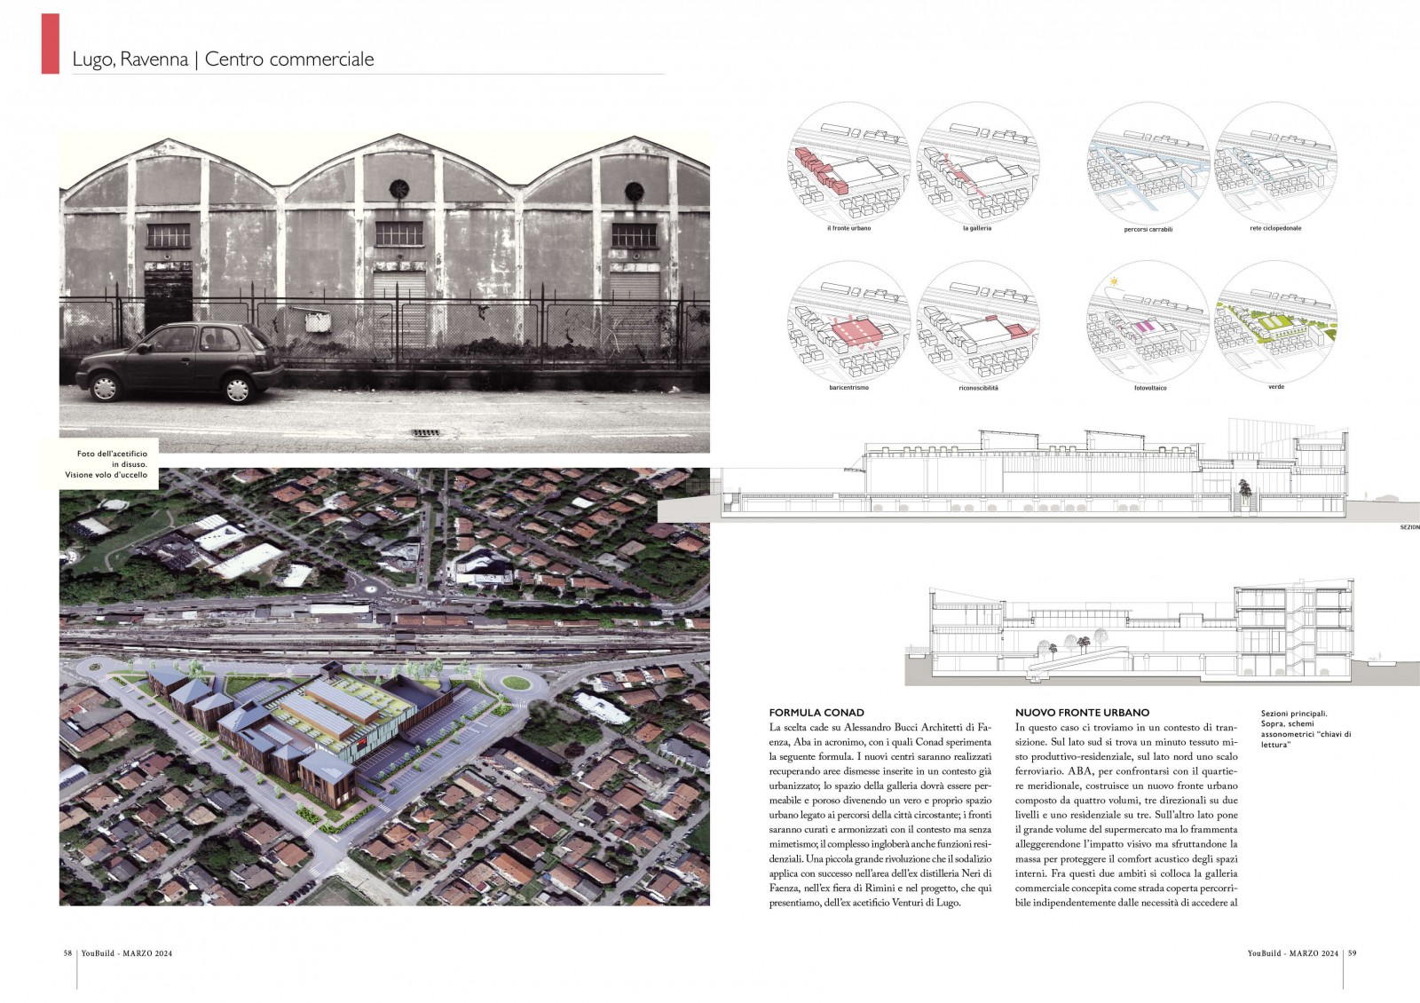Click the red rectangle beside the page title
pos(51,43)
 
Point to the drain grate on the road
pos(425,432)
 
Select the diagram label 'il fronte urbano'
pos(848,228)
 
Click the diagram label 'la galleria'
pos(976,228)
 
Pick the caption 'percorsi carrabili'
pos(1148,229)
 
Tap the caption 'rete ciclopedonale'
pos(1275,228)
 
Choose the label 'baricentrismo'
pos(848,388)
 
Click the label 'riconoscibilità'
pos(978,388)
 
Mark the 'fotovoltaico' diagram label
pos(1150,388)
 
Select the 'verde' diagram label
pos(1276,387)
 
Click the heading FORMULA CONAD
pos(816,713)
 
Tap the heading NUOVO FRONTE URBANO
pos(1082,713)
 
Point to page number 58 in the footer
pos(67,953)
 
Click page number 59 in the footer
pos(1353,953)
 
